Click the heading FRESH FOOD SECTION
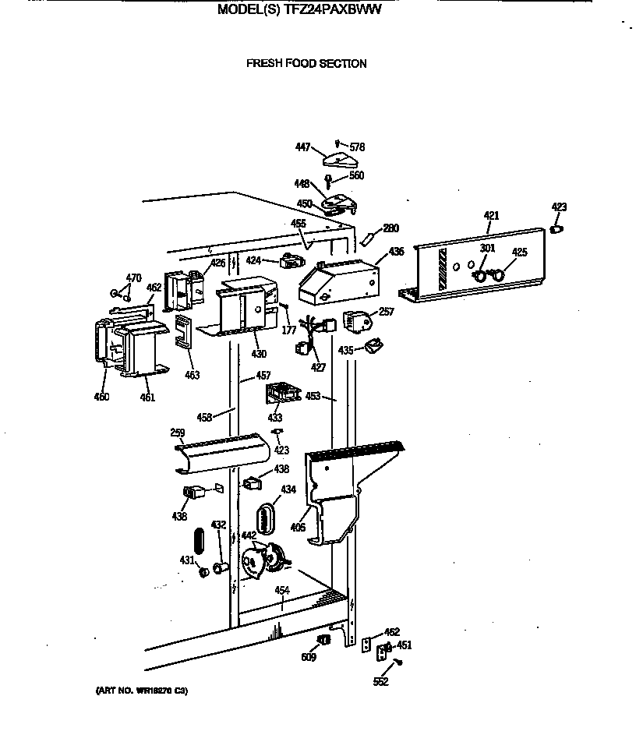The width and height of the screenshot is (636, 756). [306, 64]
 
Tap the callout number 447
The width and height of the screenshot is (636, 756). [302, 147]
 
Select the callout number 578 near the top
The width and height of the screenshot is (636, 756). [357, 147]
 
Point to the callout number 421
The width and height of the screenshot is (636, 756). [490, 216]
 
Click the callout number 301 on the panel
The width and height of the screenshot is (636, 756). [487, 249]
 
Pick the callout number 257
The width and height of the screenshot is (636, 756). [386, 312]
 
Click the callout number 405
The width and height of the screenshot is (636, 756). [297, 528]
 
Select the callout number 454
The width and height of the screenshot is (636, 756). [282, 591]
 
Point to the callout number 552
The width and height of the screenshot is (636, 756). [380, 682]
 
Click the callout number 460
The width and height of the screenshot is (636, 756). [101, 397]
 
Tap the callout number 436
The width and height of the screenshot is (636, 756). [396, 252]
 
